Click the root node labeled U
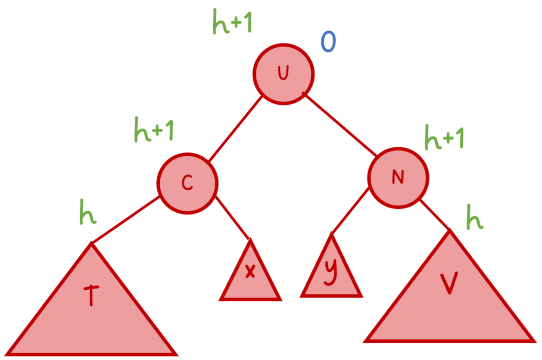[283, 74]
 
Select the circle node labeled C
[187, 183]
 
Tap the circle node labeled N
[398, 177]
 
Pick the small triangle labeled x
[250, 280]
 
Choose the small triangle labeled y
[331, 276]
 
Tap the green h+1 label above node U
[232, 22]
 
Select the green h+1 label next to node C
[154, 129]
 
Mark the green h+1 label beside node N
[444, 137]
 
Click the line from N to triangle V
[434, 215]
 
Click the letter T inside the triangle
[90, 296]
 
